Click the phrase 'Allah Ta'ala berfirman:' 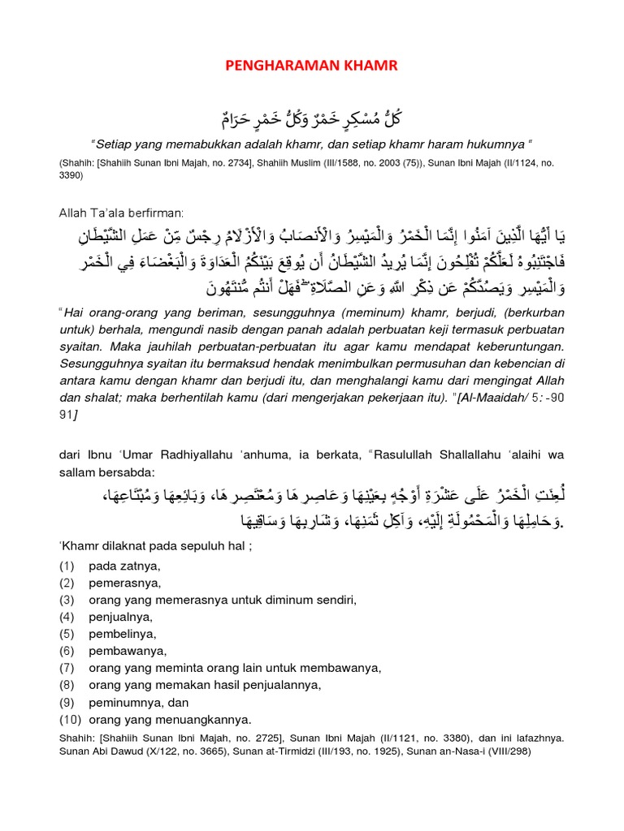tap(122, 213)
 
